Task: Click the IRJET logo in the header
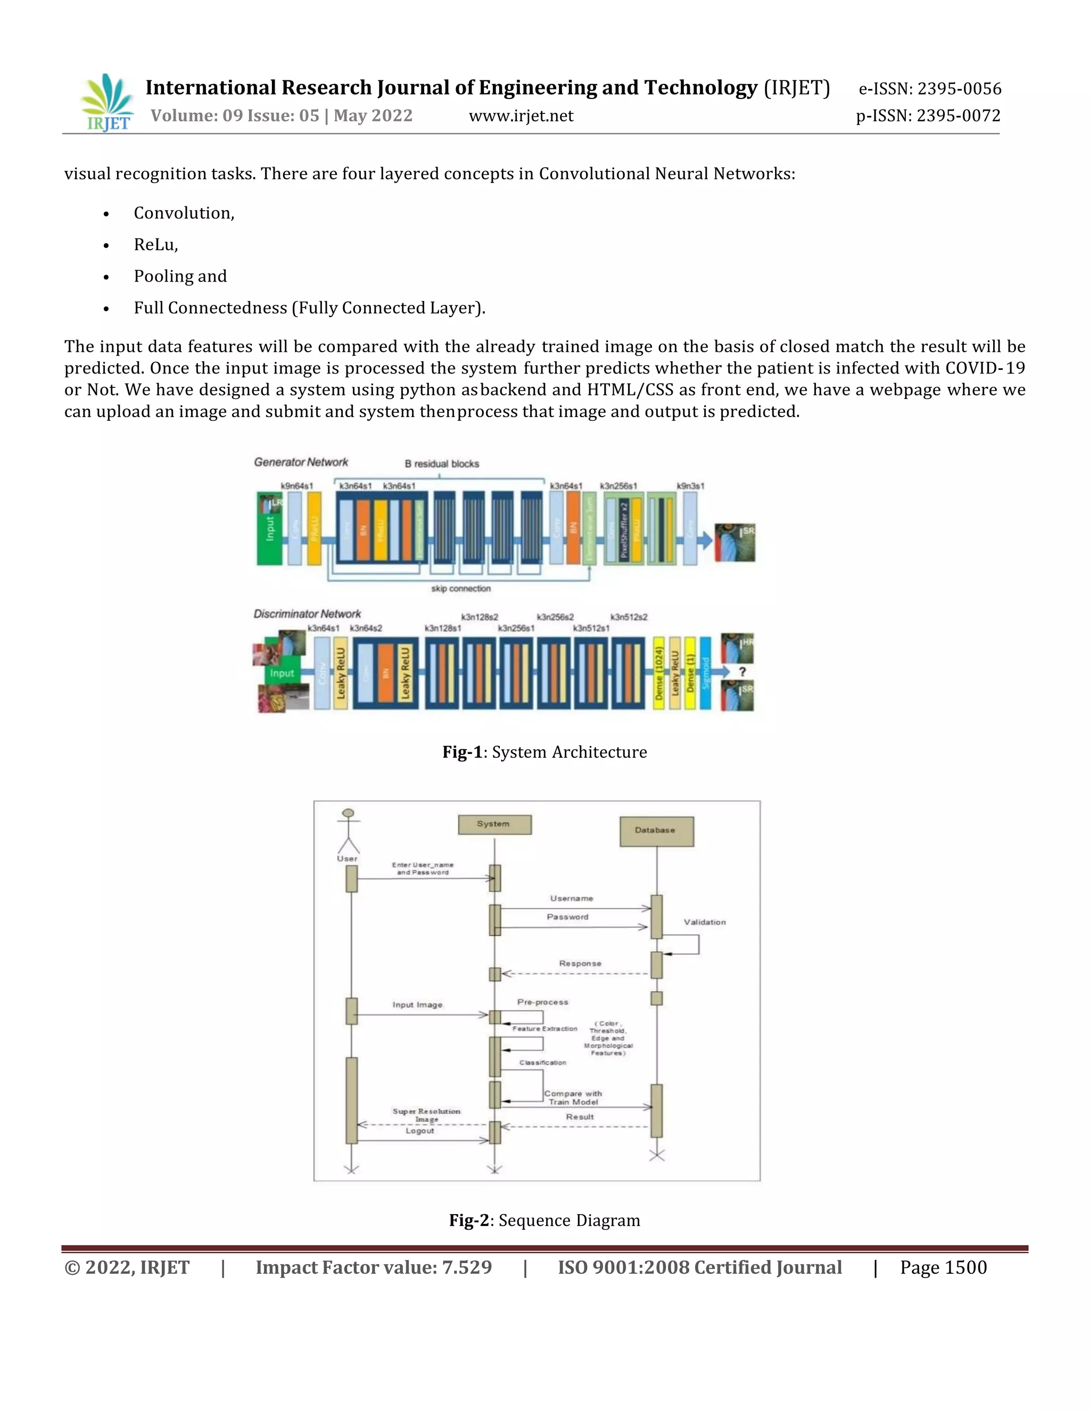point(107,102)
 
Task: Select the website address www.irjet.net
point(521,116)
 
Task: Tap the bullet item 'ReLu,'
point(155,245)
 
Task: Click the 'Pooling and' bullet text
point(180,276)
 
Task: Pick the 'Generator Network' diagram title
point(301,462)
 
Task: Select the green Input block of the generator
point(269,529)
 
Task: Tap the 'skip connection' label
point(460,589)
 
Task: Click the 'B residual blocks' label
point(442,463)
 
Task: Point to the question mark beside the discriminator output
point(742,672)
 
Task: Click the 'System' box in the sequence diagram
point(494,824)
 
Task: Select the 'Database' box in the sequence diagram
point(656,831)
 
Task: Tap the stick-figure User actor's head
point(349,814)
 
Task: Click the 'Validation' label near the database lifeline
point(705,922)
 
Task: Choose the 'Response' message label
point(580,963)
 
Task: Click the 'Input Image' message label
point(417,1005)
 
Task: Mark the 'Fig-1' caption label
point(461,752)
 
